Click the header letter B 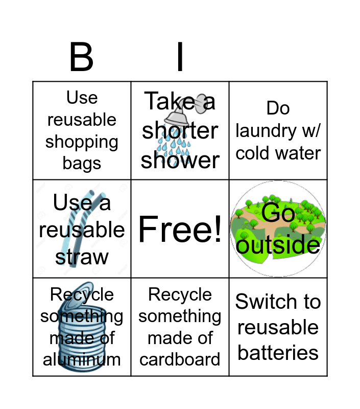coord(81,57)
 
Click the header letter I coord(180,57)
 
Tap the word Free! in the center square coord(180,229)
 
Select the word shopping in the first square coord(82,142)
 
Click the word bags coord(82,164)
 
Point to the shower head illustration coord(197,105)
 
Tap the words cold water coord(278,153)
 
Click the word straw coord(82,257)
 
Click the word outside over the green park coord(278,245)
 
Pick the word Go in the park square coord(278,213)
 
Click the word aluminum coord(82,359)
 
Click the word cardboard coord(180,359)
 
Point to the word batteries coord(278,353)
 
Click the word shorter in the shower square coord(180,131)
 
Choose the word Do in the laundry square coord(278,108)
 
